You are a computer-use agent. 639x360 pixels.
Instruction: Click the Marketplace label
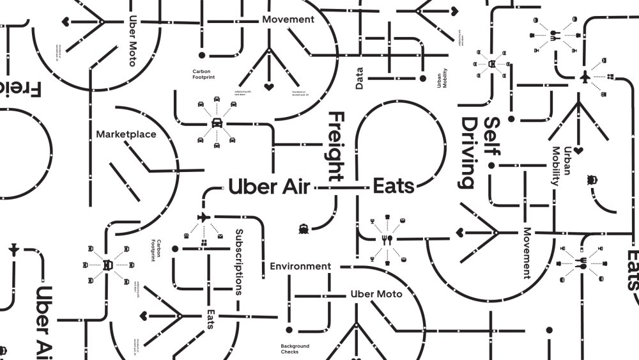126,134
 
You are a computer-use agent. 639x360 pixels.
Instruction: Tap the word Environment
300,266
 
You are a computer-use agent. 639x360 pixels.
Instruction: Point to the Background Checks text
295,349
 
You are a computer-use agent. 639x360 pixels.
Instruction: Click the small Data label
360,79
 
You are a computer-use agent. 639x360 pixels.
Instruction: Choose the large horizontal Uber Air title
269,187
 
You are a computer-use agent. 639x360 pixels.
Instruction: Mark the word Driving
470,153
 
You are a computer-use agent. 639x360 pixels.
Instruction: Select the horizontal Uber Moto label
376,294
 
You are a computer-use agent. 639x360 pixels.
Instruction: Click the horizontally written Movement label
288,19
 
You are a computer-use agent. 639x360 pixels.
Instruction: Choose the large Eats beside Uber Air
394,187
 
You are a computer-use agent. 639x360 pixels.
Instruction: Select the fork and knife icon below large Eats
387,239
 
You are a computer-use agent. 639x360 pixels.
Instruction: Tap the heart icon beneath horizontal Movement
269,86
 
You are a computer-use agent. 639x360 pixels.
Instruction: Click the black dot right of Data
422,79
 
